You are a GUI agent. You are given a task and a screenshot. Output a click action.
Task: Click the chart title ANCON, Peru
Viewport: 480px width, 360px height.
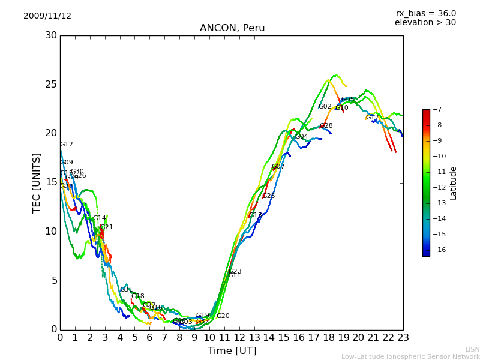(x=232, y=28)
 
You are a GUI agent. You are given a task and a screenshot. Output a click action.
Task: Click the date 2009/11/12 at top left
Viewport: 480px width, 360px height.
(x=47, y=16)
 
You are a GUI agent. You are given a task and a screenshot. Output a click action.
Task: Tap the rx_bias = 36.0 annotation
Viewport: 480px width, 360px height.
(x=425, y=13)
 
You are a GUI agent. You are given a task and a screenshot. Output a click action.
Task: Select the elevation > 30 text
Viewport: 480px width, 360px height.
(x=425, y=23)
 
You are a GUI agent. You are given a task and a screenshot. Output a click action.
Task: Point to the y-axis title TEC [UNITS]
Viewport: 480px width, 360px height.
(x=37, y=183)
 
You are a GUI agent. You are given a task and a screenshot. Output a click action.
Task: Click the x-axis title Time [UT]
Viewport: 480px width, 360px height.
(x=232, y=350)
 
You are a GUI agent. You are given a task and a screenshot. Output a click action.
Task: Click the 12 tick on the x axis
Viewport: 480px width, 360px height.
(x=239, y=338)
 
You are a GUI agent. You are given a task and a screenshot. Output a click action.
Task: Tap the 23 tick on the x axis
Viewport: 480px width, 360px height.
(x=403, y=338)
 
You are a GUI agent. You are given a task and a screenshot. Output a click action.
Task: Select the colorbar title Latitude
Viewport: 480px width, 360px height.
(x=454, y=183)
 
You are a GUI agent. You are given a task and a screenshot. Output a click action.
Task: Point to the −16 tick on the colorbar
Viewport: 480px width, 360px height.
(x=438, y=250)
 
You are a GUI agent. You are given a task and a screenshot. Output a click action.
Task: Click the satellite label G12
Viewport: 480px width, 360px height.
(x=67, y=145)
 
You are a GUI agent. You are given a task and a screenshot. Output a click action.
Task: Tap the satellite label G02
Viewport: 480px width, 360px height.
(x=325, y=107)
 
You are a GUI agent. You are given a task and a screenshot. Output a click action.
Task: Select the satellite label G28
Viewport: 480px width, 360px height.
(x=326, y=126)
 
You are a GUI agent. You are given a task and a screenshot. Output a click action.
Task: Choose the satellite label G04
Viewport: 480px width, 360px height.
(x=301, y=137)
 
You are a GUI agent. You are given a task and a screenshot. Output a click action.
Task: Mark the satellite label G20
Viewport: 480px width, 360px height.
(x=223, y=316)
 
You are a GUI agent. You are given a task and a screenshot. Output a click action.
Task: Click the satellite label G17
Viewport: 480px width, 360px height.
(x=372, y=118)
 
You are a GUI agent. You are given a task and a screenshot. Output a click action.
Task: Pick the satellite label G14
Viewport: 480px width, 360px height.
(x=99, y=218)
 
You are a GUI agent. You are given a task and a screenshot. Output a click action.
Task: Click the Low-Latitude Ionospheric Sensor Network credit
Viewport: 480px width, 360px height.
(x=410, y=356)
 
